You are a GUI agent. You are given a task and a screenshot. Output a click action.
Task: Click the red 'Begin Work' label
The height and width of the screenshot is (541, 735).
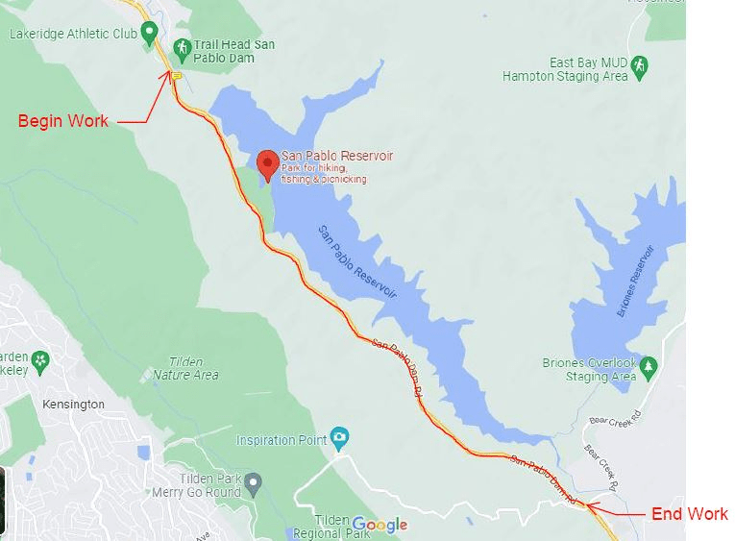pos(62,121)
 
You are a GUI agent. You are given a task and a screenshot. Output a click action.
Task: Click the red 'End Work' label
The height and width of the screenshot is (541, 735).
pos(689,514)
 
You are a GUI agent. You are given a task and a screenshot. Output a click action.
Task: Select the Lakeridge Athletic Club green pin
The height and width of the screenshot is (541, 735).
pos(149,33)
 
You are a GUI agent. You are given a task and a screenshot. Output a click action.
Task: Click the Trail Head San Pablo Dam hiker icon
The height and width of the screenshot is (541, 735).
pos(181,48)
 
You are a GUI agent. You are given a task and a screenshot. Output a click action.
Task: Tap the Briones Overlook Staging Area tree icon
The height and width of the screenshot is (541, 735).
pos(649,367)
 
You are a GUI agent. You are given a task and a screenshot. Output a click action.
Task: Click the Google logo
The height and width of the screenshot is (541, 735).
pos(380,525)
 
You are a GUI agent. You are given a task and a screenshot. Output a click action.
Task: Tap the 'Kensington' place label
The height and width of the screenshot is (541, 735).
pos(73,405)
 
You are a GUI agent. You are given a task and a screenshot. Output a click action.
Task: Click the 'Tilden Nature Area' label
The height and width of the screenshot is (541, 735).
pos(185,368)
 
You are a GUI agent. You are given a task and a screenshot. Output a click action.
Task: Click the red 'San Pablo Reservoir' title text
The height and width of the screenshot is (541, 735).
pos(336,156)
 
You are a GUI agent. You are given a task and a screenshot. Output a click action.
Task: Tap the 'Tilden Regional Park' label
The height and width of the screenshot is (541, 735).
pos(321,526)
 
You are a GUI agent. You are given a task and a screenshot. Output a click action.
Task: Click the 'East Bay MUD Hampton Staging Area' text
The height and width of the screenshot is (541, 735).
pos(564,69)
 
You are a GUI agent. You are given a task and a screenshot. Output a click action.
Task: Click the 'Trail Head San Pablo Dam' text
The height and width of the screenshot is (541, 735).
pos(234,51)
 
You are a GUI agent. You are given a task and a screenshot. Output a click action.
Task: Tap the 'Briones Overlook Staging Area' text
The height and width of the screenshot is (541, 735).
pos(588,369)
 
